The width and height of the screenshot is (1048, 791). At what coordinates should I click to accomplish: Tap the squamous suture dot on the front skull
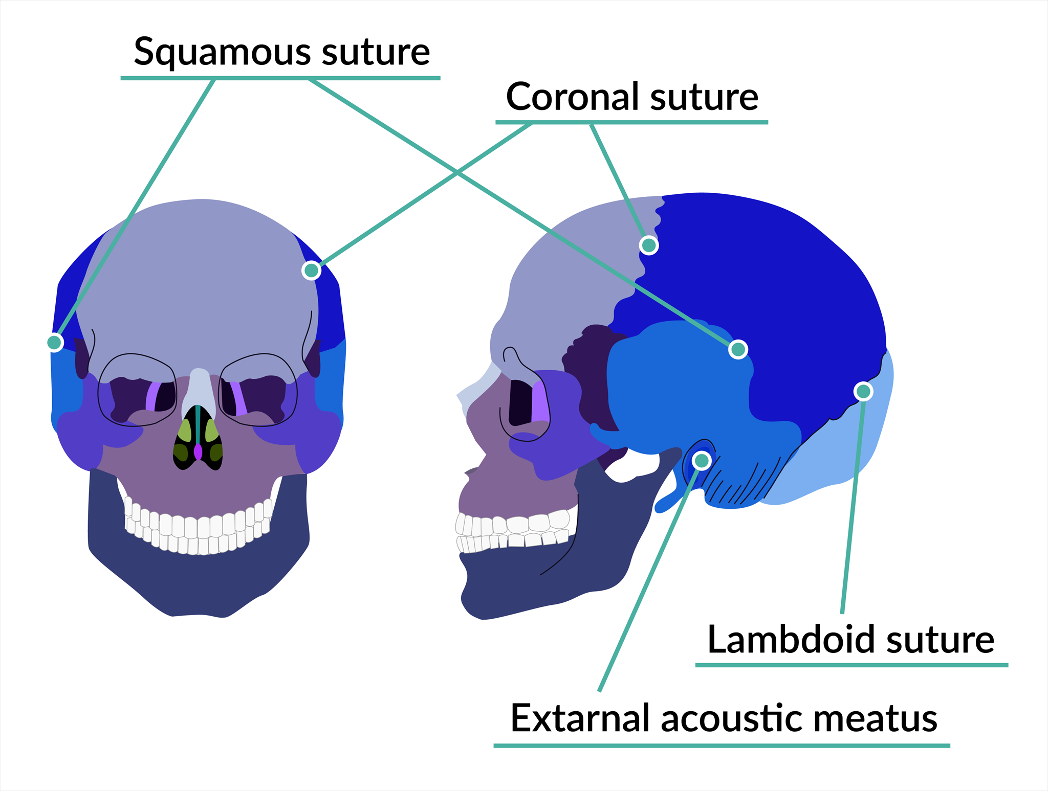[x=55, y=342]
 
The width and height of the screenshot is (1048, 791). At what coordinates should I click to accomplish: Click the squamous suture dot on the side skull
[x=738, y=349]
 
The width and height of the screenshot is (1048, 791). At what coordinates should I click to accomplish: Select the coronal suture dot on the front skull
[x=311, y=269]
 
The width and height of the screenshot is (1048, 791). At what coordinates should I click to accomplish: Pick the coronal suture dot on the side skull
[x=649, y=245]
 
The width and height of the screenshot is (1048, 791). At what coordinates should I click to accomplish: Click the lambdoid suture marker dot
[x=863, y=391]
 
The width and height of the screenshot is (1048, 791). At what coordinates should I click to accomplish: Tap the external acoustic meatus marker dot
[x=702, y=461]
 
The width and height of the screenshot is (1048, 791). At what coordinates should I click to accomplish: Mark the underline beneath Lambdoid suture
[x=851, y=665]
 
